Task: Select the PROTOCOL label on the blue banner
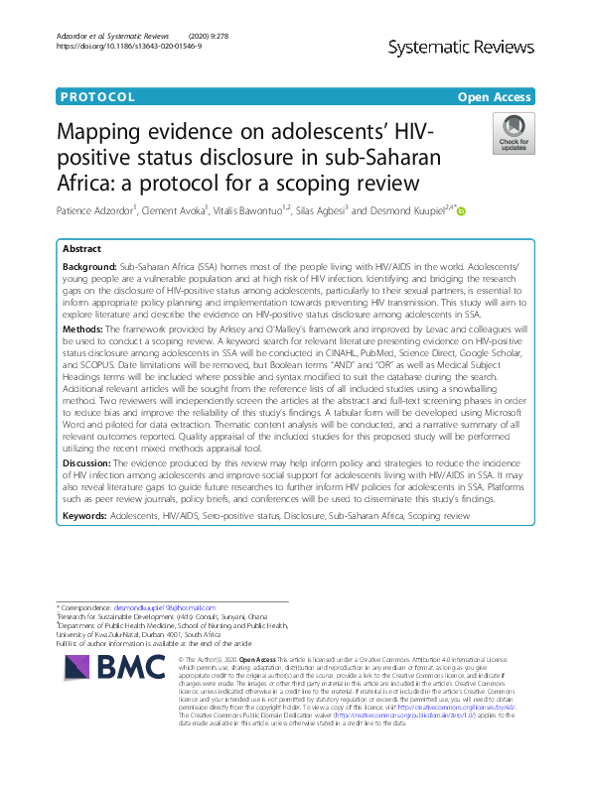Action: coord(97,97)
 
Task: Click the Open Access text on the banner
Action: coord(496,97)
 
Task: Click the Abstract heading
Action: coord(81,249)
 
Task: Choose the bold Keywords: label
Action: coord(84,516)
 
